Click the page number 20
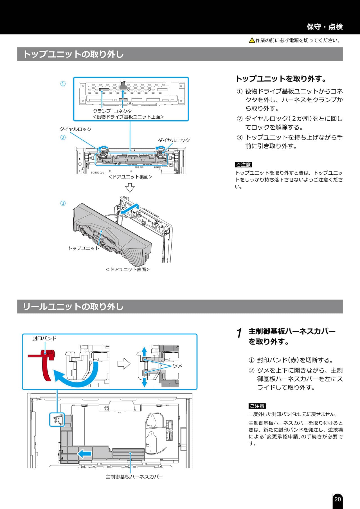(337, 499)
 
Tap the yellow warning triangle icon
(252, 40)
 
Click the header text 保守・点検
(325, 27)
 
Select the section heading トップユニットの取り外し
(73, 54)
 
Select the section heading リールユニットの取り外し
(73, 306)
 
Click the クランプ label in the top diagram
(102, 111)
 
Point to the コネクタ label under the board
(123, 111)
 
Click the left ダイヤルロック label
(75, 129)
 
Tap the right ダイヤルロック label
(174, 140)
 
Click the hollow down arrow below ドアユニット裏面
(130, 188)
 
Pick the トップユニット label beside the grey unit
(84, 248)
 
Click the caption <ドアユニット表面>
(128, 269)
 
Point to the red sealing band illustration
(45, 364)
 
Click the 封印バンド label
(44, 338)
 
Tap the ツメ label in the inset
(177, 366)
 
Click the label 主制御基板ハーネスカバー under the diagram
(134, 477)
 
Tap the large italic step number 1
(239, 333)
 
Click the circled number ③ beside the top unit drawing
(63, 203)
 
